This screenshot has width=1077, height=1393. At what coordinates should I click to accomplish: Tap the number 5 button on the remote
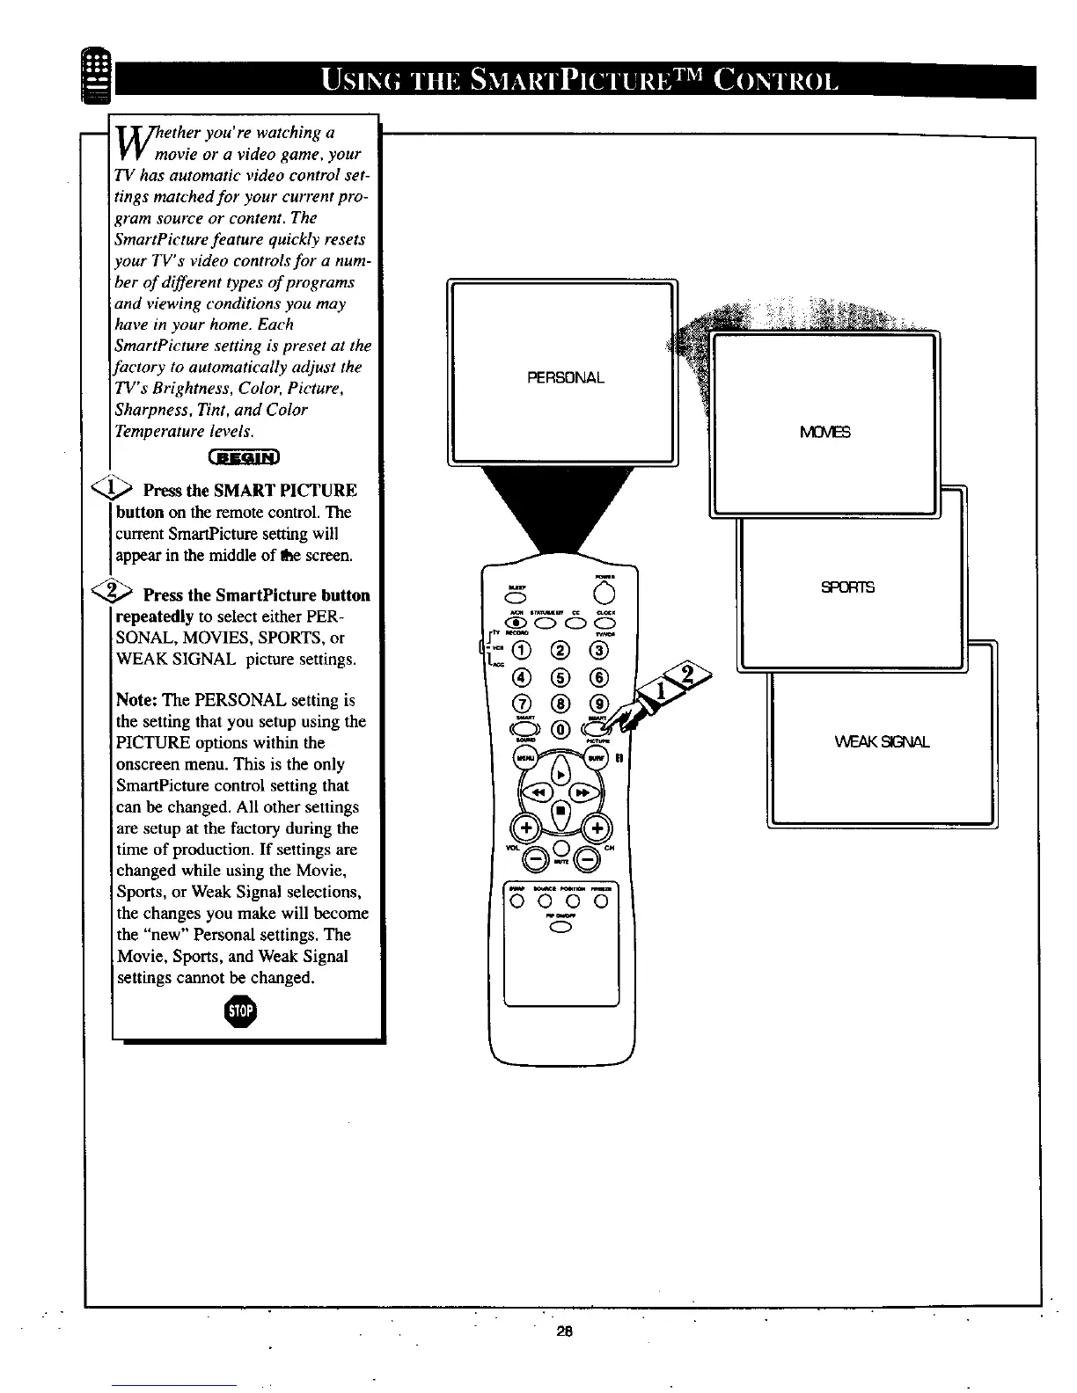(560, 677)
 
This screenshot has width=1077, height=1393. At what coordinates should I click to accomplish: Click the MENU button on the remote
(525, 757)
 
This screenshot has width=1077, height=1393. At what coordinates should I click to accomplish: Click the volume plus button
(526, 828)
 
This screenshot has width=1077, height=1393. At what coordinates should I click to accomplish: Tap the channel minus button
(587, 859)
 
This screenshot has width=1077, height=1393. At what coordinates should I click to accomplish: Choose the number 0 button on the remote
(560, 728)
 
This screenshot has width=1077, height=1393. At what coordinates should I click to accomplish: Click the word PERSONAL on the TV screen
(566, 378)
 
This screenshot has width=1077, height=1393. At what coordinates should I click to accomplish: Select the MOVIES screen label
(825, 432)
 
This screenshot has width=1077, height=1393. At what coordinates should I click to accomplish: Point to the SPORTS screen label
(847, 587)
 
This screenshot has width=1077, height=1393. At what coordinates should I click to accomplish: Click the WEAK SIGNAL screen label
(882, 741)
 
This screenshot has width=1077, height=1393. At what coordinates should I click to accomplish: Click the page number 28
(564, 1331)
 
